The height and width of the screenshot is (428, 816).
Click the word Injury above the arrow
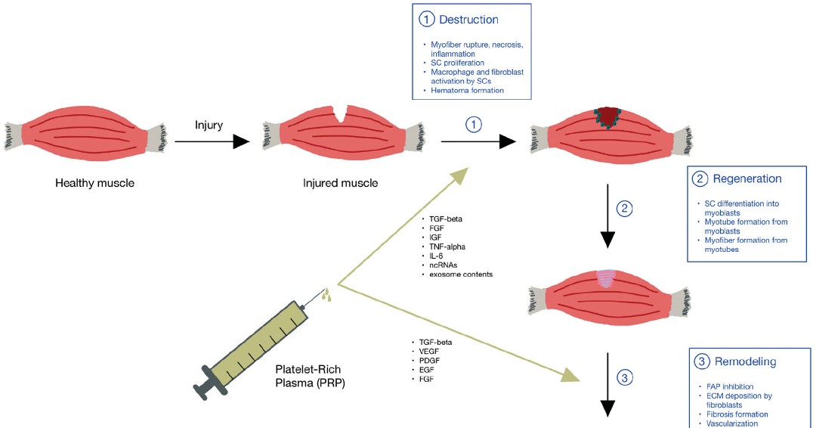click(209, 125)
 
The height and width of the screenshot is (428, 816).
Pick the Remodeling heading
click(746, 361)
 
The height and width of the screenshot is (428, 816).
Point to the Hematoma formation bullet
click(465, 91)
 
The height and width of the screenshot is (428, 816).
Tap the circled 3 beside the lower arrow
click(624, 376)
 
